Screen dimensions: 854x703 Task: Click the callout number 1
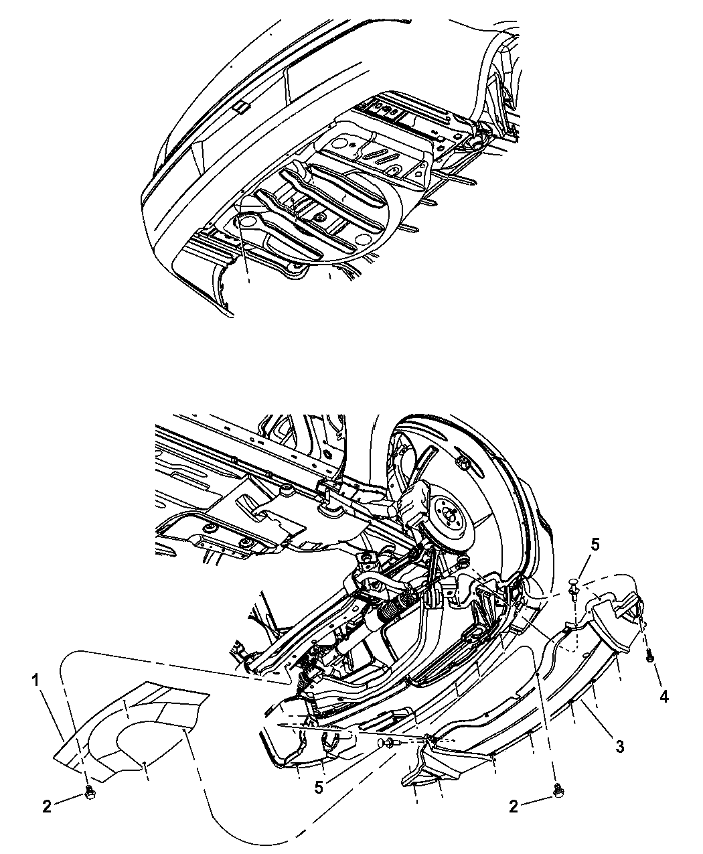click(x=35, y=681)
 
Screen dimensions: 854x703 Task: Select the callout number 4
click(x=663, y=697)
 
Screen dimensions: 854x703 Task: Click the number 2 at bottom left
click(x=46, y=807)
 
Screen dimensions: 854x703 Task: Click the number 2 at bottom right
click(x=514, y=807)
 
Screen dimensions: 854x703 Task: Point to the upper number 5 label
click(x=595, y=544)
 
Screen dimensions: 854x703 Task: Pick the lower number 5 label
click(x=319, y=788)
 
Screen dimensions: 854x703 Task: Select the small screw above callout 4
click(x=649, y=658)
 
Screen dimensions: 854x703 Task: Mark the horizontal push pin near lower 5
click(x=387, y=743)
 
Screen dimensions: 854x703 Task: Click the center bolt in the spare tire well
click(x=321, y=218)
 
